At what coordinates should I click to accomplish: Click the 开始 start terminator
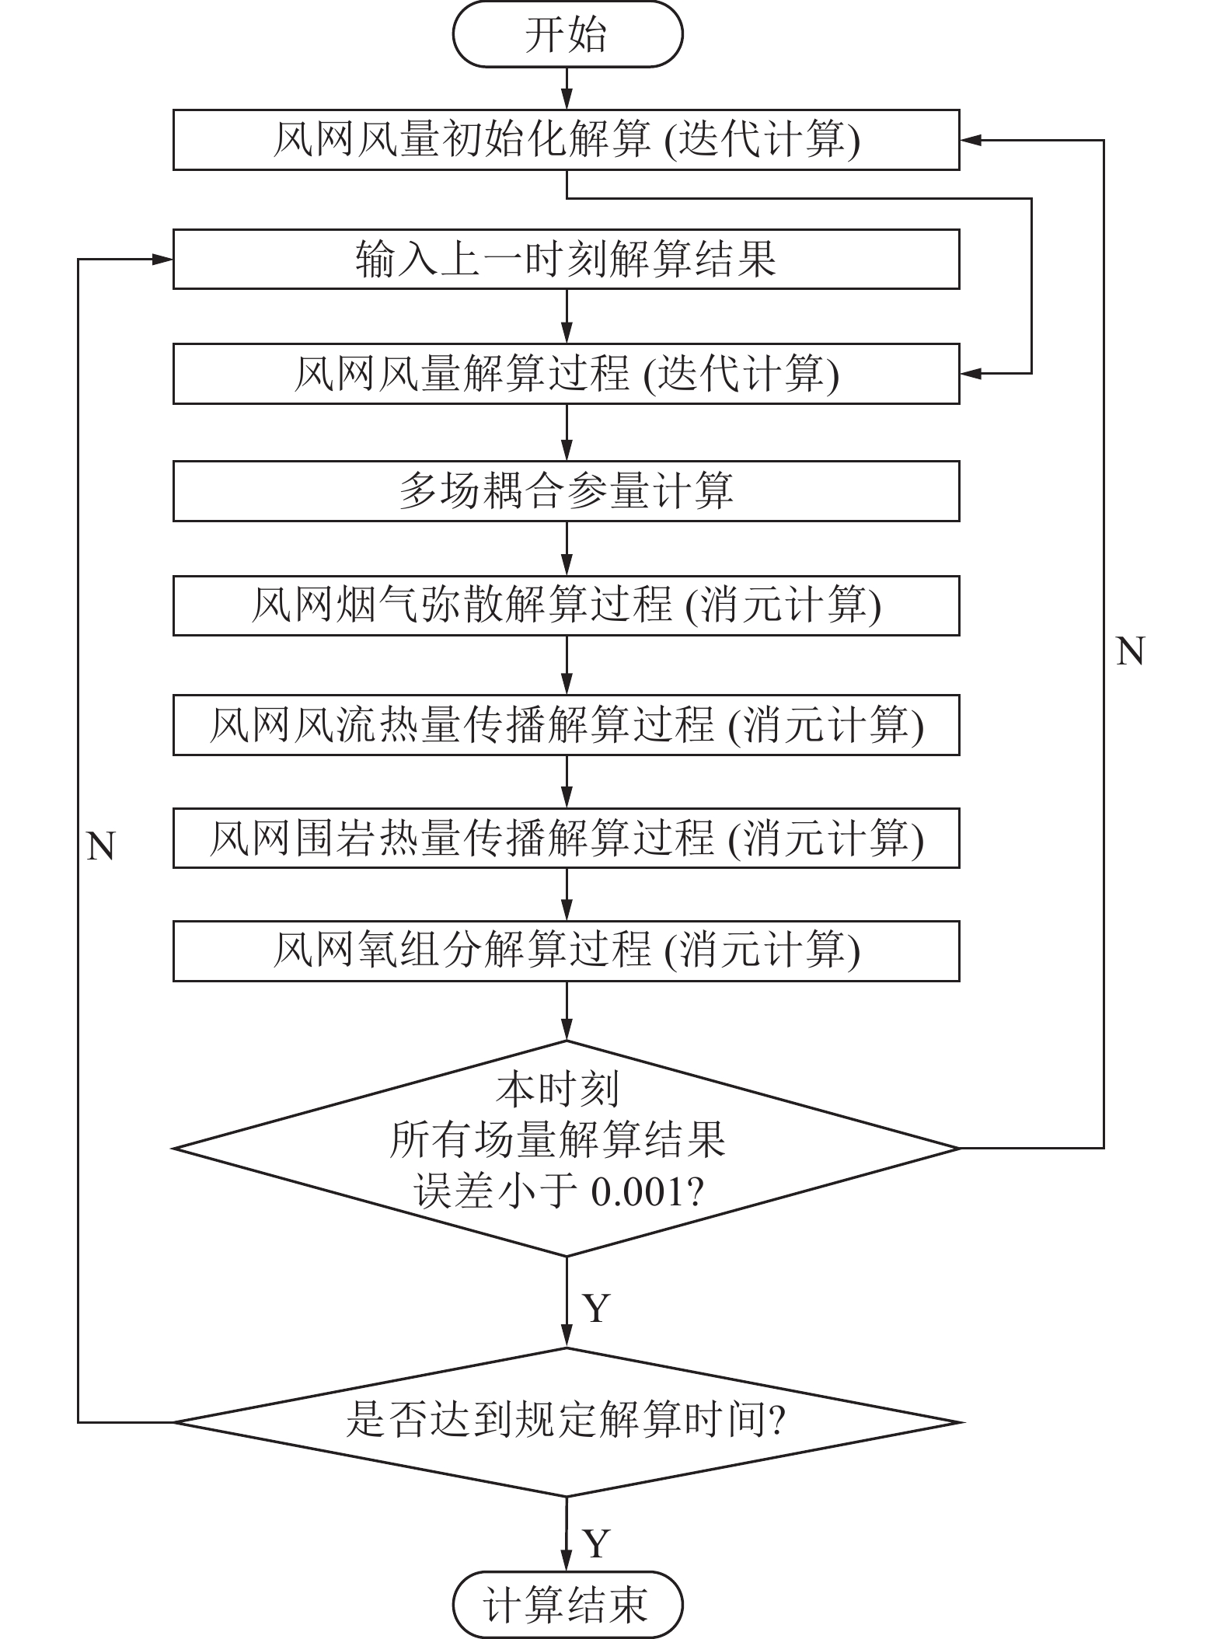click(x=567, y=35)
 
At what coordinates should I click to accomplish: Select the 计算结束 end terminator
click(x=567, y=1603)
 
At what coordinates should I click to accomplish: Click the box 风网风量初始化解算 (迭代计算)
click(x=566, y=141)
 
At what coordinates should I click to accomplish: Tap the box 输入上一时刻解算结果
click(x=566, y=260)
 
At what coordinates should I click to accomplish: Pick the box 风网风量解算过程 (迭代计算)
click(x=566, y=374)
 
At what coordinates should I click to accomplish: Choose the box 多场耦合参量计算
click(x=566, y=491)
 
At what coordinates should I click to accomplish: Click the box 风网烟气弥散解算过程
click(x=566, y=606)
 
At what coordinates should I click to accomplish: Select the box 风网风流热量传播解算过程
click(x=566, y=725)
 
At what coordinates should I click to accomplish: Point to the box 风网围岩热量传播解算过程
click(x=566, y=839)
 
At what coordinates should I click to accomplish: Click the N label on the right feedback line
click(x=1130, y=651)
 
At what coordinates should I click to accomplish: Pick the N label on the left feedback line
click(x=101, y=846)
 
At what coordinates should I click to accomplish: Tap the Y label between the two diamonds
click(x=596, y=1309)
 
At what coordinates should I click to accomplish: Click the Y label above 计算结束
click(x=596, y=1542)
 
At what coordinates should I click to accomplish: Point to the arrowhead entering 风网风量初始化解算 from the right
click(x=970, y=141)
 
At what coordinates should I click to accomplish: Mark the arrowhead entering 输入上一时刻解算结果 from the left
click(x=163, y=260)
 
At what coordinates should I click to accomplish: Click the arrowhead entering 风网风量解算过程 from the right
click(x=970, y=374)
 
